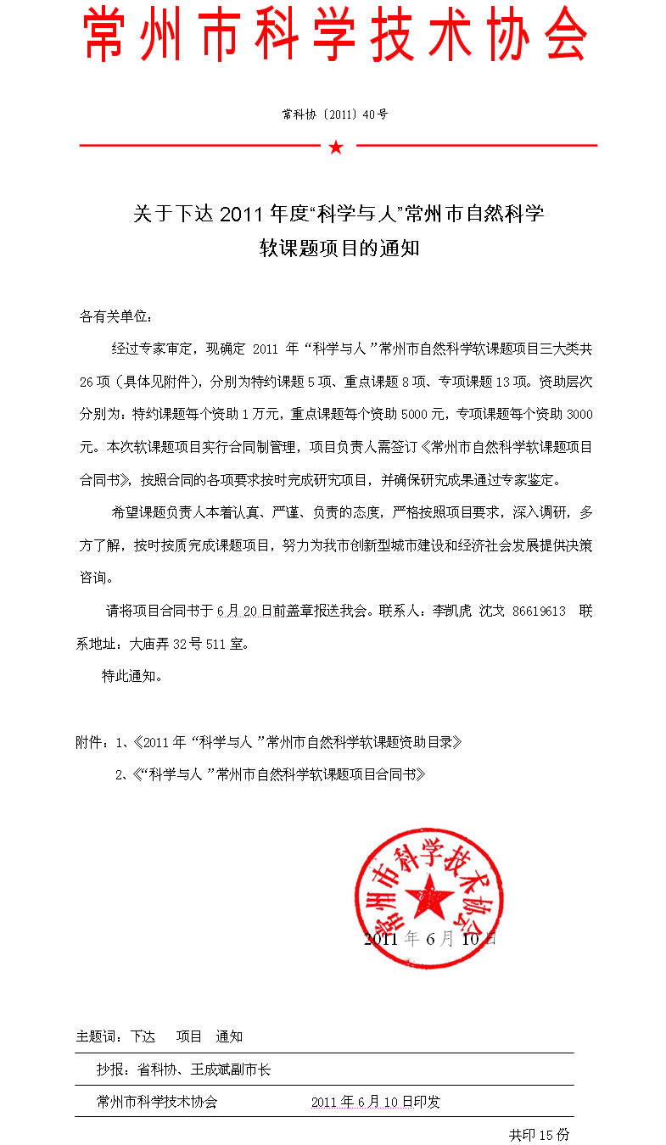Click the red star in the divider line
[x=336, y=148]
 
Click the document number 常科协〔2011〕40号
[x=335, y=114]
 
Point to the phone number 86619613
[x=539, y=612]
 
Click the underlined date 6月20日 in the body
[x=244, y=612]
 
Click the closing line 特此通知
[x=132, y=676]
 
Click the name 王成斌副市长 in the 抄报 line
[x=232, y=1070]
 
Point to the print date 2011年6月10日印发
[x=375, y=1103]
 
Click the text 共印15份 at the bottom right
[x=539, y=1134]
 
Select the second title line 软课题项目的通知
[x=339, y=249]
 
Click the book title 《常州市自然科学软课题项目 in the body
[x=499, y=447]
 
